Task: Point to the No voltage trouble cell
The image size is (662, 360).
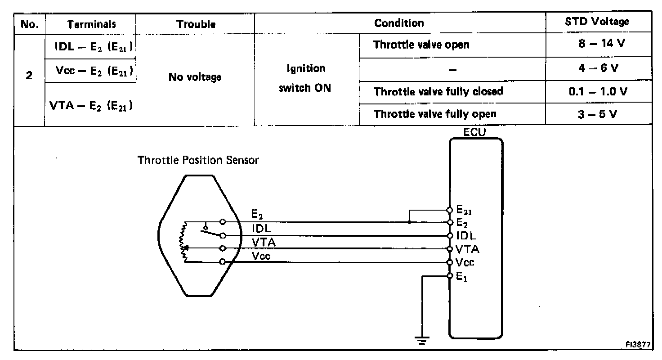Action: click(195, 77)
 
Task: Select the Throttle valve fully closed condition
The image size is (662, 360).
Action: click(438, 91)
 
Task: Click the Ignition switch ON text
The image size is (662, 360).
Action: click(306, 78)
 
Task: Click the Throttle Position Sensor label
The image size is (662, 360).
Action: click(198, 160)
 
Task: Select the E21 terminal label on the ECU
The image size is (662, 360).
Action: click(464, 209)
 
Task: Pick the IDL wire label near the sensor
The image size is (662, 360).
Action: click(262, 229)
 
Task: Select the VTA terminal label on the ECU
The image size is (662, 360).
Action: click(467, 249)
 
